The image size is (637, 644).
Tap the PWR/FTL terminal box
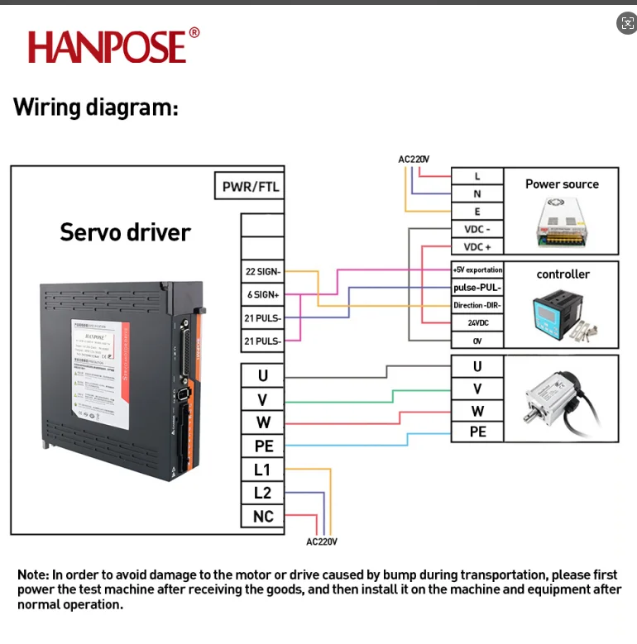point(251,187)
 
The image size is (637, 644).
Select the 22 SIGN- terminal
point(262,271)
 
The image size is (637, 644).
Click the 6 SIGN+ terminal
point(262,294)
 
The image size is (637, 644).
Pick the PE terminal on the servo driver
point(262,446)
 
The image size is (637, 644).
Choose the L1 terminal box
point(262,470)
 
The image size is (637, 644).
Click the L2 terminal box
point(262,493)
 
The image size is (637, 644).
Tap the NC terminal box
point(262,517)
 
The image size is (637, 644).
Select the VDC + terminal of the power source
point(477,247)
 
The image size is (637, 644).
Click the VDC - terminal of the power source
point(477,229)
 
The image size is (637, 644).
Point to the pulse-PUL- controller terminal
point(477,288)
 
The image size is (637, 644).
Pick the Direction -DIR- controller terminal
point(477,305)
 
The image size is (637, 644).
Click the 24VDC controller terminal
point(477,322)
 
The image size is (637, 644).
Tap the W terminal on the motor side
point(477,411)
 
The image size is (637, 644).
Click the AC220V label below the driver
point(322,541)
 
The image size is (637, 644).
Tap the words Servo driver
point(125,232)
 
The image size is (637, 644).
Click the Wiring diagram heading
point(95,107)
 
